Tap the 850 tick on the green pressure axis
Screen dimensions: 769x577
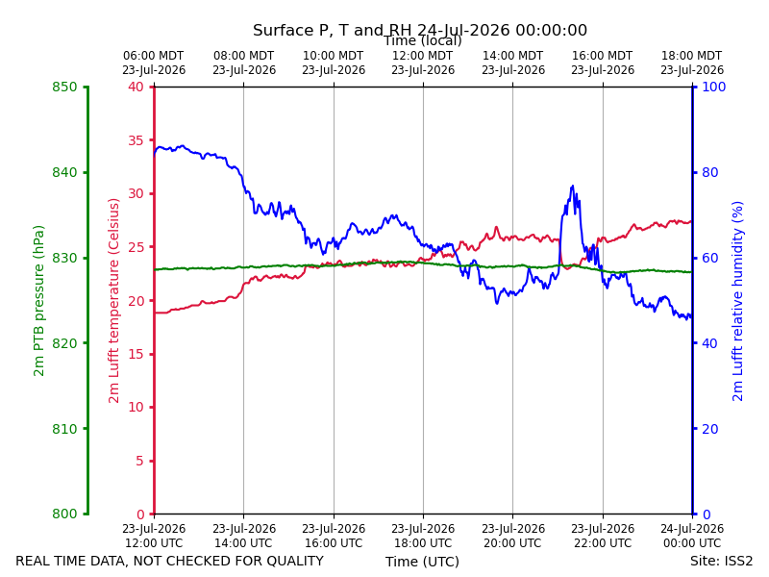(x=64, y=87)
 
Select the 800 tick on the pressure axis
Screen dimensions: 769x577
(x=64, y=514)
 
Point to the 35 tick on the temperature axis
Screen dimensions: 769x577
(x=136, y=140)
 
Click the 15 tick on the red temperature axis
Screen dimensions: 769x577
(x=136, y=354)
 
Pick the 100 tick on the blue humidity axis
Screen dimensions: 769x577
(x=714, y=87)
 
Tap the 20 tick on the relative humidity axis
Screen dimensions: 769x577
(x=710, y=429)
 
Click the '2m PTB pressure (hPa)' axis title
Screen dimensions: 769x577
(x=38, y=301)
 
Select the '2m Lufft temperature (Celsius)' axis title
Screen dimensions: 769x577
(x=113, y=301)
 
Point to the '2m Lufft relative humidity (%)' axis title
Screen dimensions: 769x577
(x=737, y=301)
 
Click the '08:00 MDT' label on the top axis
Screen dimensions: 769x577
(x=244, y=56)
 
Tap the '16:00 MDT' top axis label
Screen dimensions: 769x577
(x=603, y=56)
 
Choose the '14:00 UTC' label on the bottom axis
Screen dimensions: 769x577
(x=244, y=543)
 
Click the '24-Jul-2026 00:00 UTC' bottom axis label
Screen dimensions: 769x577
(x=692, y=536)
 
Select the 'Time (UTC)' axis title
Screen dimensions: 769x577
(x=422, y=562)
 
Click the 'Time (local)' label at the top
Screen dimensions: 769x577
(x=422, y=40)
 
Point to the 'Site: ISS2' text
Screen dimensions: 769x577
(x=722, y=561)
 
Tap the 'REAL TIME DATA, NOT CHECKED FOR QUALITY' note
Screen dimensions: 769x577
(x=170, y=561)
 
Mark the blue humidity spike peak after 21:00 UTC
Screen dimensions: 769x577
(x=572, y=186)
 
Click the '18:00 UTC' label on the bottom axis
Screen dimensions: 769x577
(x=423, y=543)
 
